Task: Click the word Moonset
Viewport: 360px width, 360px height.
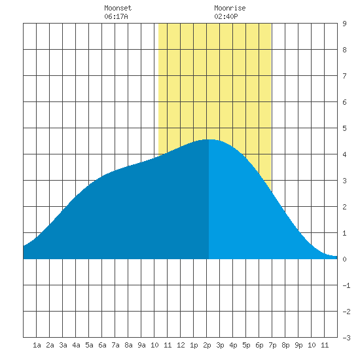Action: [118, 8]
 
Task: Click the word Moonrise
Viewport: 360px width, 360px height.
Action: [230, 8]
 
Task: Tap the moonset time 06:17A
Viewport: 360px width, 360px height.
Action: [116, 16]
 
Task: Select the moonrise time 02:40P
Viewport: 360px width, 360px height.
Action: [226, 16]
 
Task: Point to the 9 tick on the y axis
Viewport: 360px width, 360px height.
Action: [344, 24]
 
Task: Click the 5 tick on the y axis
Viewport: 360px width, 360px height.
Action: [344, 128]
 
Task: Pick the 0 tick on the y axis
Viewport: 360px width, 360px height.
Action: [344, 259]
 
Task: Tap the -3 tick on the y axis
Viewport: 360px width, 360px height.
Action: [346, 338]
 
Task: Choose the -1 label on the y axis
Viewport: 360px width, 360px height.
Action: [346, 285]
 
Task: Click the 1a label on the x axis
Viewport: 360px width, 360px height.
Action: [37, 345]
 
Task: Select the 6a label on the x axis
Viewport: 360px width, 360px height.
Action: [102, 345]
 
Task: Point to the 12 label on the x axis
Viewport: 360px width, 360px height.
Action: [181, 345]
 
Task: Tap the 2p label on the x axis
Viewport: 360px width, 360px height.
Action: [207, 345]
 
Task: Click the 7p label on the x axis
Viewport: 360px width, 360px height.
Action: [272, 345]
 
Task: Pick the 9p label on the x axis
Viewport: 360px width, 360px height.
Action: [298, 345]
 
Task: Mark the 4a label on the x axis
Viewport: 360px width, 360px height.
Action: [76, 345]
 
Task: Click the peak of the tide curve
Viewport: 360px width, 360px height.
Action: [209, 139]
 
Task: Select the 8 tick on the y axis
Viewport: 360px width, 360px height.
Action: [344, 50]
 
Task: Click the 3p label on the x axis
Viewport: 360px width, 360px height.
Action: [220, 345]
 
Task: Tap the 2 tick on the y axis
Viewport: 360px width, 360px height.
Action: [344, 207]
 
